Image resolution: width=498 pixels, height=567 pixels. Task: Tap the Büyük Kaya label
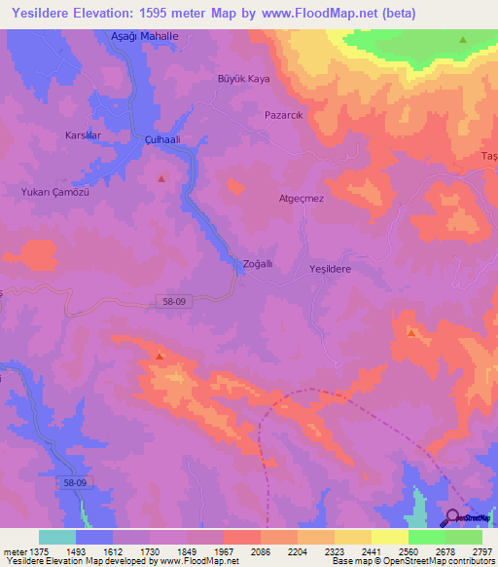pyautogui.click(x=242, y=78)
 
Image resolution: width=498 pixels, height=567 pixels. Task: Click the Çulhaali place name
pyautogui.click(x=164, y=139)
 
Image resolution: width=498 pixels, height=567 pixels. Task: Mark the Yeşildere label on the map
pyautogui.click(x=329, y=268)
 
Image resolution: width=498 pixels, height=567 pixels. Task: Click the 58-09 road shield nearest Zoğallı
pyautogui.click(x=174, y=303)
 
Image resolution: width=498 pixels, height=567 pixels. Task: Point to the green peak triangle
pyautogui.click(x=462, y=40)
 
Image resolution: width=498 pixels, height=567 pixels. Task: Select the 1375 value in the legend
pyautogui.click(x=31, y=551)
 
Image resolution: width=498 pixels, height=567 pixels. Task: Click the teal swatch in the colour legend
pyautogui.click(x=57, y=537)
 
